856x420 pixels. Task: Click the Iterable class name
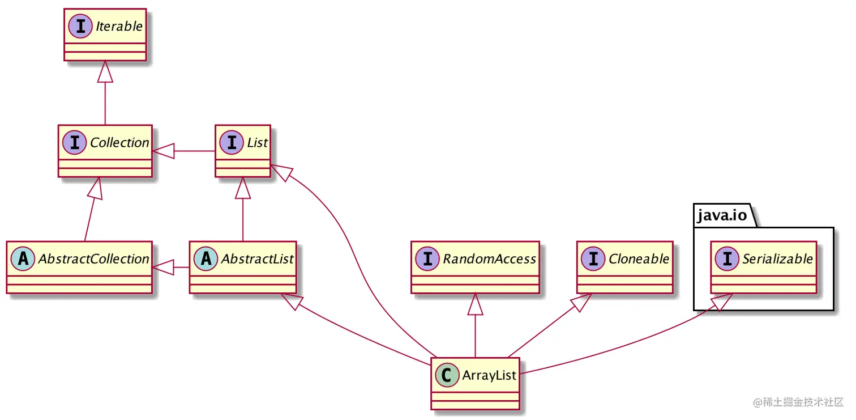click(119, 27)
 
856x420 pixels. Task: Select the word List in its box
click(257, 143)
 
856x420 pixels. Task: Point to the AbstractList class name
click(257, 259)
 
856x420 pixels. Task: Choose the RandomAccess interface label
click(489, 259)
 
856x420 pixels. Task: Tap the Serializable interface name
click(777, 259)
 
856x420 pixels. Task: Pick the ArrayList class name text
click(489, 375)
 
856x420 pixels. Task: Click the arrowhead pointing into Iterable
click(105, 72)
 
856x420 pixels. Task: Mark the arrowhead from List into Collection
click(162, 151)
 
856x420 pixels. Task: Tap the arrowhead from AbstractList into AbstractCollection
click(162, 267)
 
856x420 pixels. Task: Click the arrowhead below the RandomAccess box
click(475, 304)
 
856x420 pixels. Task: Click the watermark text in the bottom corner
click(798, 402)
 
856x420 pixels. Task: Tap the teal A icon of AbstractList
click(207, 259)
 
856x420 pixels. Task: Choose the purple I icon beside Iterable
click(80, 27)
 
